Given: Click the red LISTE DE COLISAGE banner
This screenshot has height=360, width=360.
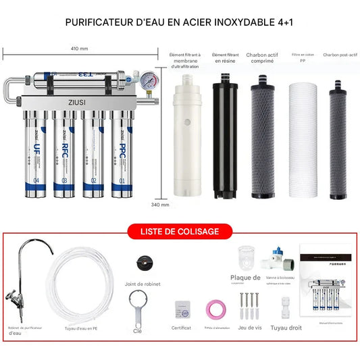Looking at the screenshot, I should pos(180,231).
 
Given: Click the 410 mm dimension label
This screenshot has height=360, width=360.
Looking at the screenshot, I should pos(79,49).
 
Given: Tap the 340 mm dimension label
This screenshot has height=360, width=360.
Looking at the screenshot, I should pos(160,203).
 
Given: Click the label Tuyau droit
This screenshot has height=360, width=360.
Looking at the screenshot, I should pos(286,328).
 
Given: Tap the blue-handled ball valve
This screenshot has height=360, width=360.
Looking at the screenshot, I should pos(279,260).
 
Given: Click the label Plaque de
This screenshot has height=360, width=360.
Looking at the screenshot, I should pos(246,277).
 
